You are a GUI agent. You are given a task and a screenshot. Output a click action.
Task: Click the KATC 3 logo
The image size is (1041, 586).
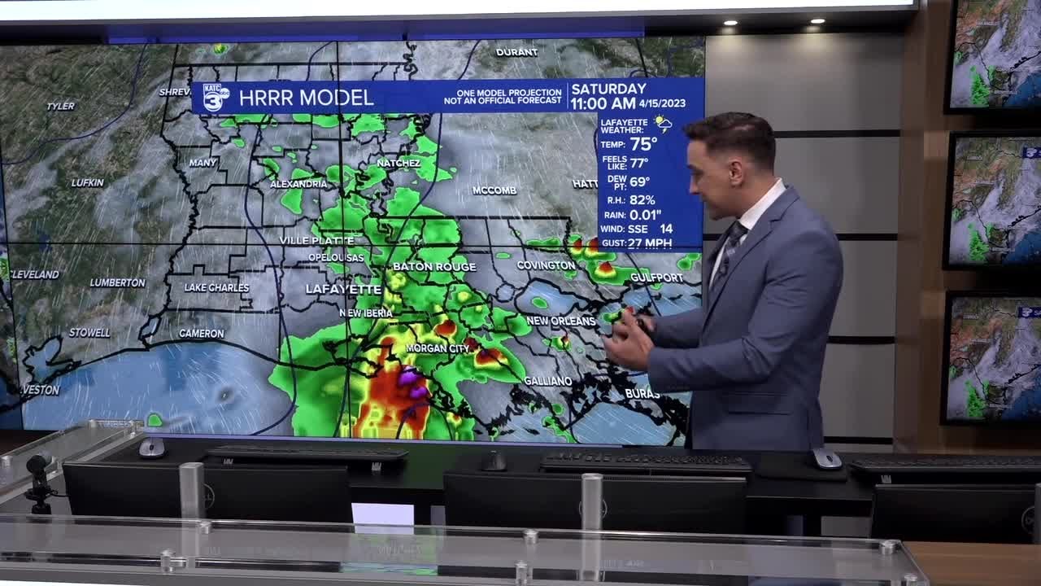[x=216, y=97]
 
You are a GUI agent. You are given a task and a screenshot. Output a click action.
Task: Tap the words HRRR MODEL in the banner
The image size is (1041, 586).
[x=306, y=98]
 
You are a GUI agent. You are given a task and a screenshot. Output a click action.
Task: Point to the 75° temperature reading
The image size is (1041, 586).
[x=643, y=144]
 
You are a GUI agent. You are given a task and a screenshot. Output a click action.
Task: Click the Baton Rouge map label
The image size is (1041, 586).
[x=434, y=266]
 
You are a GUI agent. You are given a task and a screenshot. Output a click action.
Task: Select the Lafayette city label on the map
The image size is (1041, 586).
[x=343, y=289]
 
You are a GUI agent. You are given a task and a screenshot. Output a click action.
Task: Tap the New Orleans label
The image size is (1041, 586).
[x=561, y=321]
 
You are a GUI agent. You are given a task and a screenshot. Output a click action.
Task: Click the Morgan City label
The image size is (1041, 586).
[x=438, y=348]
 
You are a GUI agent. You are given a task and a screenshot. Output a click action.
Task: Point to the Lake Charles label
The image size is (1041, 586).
[x=216, y=287]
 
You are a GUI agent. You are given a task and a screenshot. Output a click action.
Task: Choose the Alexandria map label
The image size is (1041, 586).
[x=298, y=184]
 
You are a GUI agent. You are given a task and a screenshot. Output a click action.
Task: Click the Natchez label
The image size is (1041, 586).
[x=399, y=163]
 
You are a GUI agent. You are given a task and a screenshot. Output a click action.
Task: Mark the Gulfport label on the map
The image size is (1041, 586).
[x=656, y=278]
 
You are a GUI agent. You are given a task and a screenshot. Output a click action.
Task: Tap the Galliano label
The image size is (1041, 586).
[x=547, y=381]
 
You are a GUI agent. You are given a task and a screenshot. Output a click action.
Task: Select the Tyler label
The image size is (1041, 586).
[x=61, y=106]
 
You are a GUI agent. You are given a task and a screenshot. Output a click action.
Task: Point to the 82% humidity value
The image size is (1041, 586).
[x=642, y=199]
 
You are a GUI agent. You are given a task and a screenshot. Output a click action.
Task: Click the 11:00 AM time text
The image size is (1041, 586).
[x=603, y=103]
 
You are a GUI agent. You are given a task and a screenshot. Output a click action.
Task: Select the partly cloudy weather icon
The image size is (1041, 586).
[x=663, y=124]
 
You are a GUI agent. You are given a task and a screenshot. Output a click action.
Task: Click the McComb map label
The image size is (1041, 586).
[x=494, y=190]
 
